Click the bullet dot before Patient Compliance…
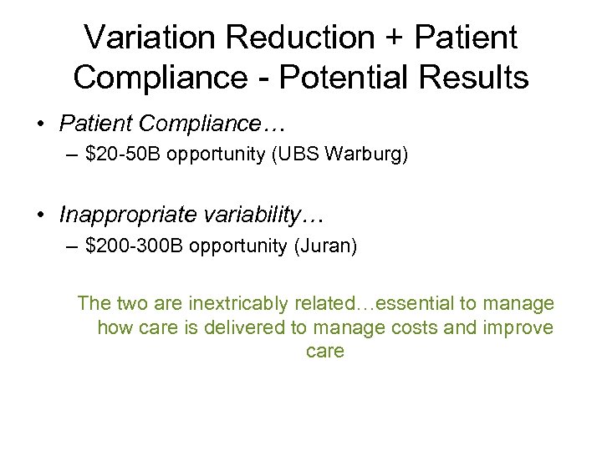[x=40, y=124]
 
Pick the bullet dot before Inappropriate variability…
[x=40, y=215]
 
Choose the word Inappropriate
[x=129, y=215]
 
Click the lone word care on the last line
[x=325, y=352]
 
